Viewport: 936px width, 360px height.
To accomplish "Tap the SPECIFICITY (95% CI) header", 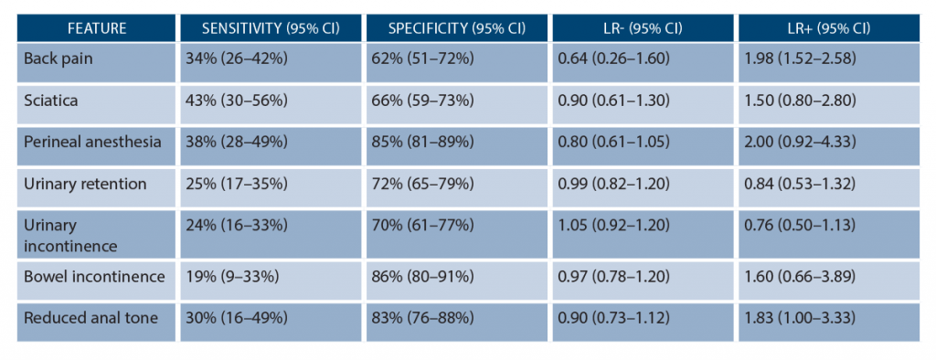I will [454, 27].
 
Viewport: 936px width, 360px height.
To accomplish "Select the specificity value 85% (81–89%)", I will [422, 143].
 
